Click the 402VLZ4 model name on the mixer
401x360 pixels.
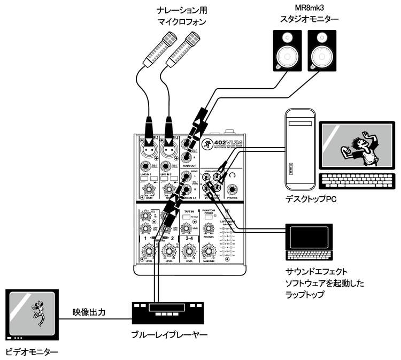pyautogui.click(x=224, y=141)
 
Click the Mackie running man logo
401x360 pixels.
pyautogui.click(x=205, y=143)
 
